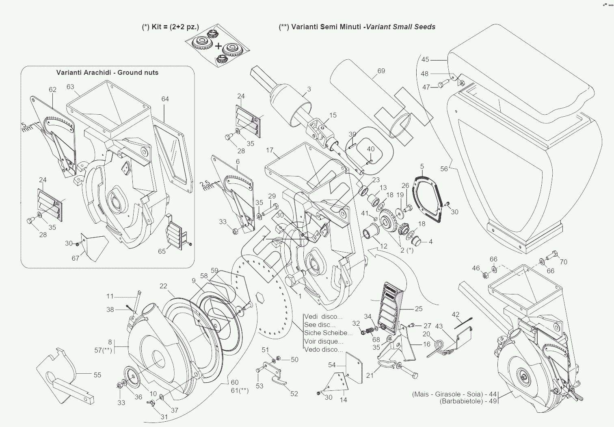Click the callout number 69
(381, 71)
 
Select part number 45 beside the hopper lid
(425, 60)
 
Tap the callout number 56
(444, 169)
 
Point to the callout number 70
(563, 262)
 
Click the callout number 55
(97, 375)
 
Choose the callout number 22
(163, 286)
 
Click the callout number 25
(419, 309)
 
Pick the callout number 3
(309, 89)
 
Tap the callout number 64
(165, 99)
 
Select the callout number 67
(76, 258)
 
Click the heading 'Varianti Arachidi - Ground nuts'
(107, 73)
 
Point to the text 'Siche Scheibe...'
(328, 333)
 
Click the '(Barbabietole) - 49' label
(468, 401)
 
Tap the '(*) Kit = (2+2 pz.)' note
(171, 27)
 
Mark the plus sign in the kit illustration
(218, 46)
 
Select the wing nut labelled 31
(155, 410)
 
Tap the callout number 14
(344, 400)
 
